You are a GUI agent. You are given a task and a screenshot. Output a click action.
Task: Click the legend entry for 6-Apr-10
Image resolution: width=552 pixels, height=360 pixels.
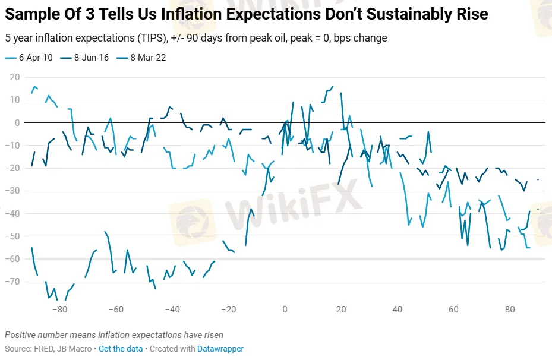pos(33,58)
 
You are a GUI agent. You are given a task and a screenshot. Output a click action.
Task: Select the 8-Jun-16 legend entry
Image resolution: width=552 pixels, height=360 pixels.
pos(90,58)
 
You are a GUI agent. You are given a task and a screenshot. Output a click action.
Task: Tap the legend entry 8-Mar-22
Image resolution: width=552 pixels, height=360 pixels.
pos(148,58)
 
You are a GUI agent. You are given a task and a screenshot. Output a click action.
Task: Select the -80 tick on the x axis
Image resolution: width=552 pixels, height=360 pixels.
pos(59,310)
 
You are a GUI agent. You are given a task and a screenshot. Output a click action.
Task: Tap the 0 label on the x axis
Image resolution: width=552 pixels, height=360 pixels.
pos(285,310)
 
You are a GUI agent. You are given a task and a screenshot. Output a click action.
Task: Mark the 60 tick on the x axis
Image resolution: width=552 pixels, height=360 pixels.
pos(453,310)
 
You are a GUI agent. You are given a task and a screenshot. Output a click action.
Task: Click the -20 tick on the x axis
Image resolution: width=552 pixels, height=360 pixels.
pos(228,310)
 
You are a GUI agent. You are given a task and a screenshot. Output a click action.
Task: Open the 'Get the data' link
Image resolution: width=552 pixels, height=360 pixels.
pos(121,349)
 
